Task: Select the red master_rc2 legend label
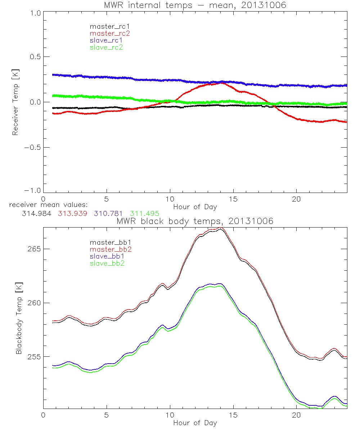coord(110,33)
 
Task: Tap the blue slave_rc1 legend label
coord(106,40)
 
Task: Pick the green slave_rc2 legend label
coord(106,47)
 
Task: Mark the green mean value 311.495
coord(144,213)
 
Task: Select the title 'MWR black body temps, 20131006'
coord(195,221)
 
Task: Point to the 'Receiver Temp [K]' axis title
coord(15,102)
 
